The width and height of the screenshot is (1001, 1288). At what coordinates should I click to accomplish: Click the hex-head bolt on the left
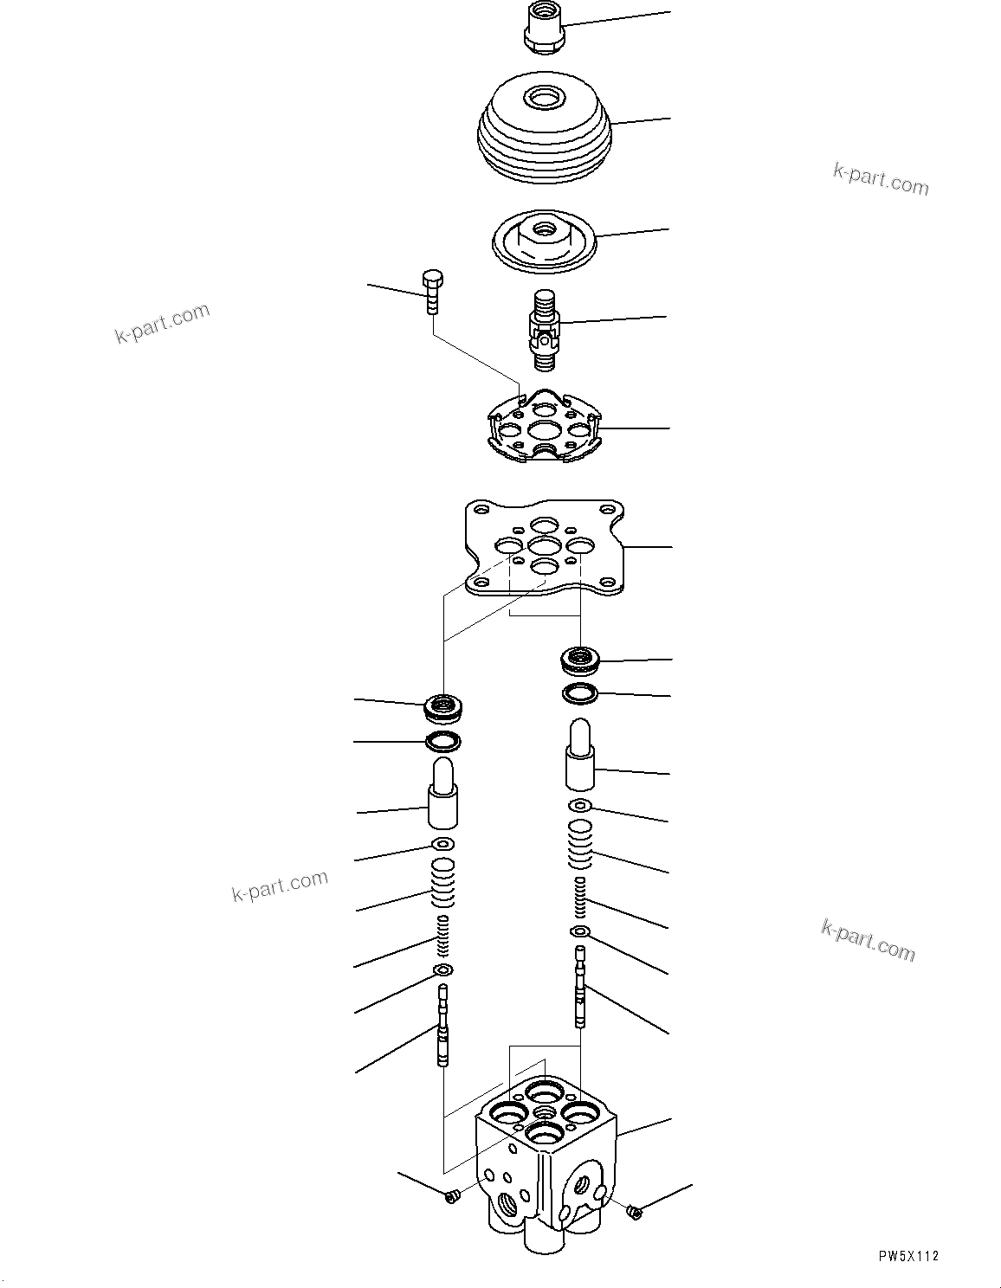(432, 292)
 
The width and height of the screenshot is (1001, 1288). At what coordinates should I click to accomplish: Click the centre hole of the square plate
(545, 546)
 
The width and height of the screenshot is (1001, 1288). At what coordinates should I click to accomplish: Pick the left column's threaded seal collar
(443, 708)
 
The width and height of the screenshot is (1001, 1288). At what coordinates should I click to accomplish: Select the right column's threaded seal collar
(579, 660)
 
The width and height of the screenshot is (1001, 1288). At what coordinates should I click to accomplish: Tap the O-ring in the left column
(443, 741)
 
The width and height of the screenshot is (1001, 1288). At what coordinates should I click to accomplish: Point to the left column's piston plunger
(442, 793)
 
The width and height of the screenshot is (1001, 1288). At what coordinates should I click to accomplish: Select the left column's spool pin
(444, 1026)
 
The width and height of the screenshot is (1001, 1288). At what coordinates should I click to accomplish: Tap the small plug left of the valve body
(450, 1196)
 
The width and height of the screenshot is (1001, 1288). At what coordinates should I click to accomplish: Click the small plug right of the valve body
(635, 1214)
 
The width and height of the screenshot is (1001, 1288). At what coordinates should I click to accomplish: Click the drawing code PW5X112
(907, 1257)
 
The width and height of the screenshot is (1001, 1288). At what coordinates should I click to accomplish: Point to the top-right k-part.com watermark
(880, 179)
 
